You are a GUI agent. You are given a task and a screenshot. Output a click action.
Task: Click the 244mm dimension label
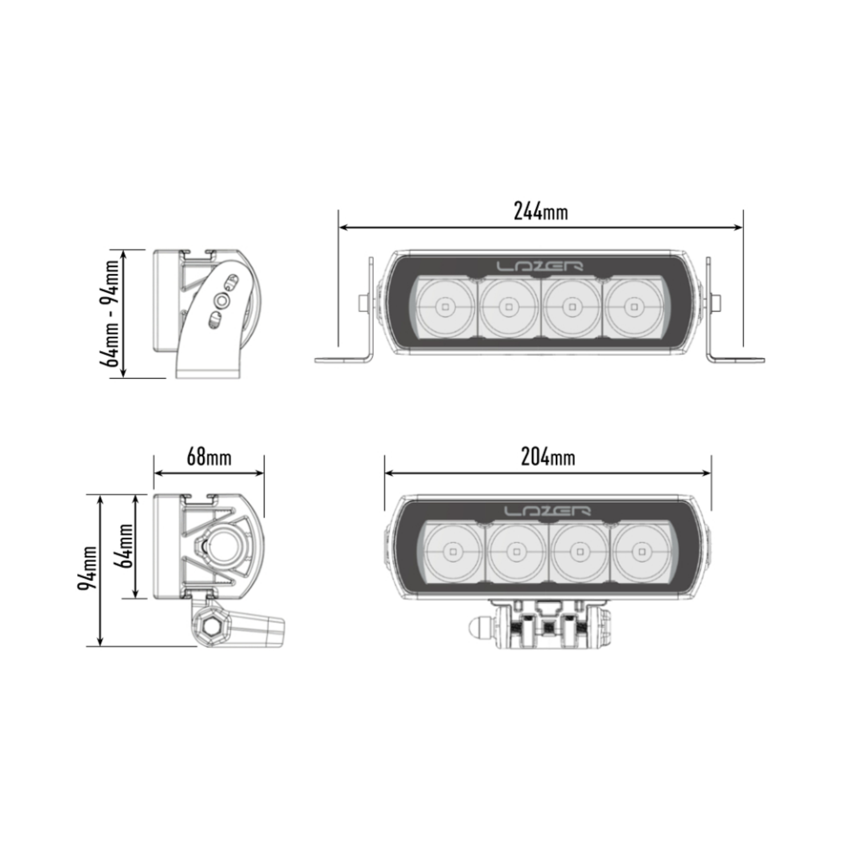click(x=541, y=211)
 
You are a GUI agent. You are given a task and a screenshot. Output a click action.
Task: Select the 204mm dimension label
click(x=547, y=457)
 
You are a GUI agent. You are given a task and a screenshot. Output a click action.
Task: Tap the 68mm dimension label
click(x=209, y=457)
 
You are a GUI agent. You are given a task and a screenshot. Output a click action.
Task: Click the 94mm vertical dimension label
click(x=88, y=569)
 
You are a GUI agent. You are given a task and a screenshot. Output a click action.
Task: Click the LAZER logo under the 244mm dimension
click(x=539, y=266)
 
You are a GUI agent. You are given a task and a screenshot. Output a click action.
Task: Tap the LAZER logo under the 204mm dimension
click(x=547, y=511)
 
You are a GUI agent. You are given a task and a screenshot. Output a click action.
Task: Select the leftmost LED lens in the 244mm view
click(x=445, y=308)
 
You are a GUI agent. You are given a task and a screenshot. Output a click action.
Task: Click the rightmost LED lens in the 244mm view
click(x=634, y=308)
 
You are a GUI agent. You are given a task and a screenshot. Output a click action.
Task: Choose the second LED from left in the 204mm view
click(x=517, y=552)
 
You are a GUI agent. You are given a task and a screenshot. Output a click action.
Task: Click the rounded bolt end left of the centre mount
click(x=477, y=628)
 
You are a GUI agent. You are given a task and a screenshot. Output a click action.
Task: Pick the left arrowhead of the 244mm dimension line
click(x=342, y=227)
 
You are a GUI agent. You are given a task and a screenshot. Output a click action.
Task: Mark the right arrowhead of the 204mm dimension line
click(x=708, y=473)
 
